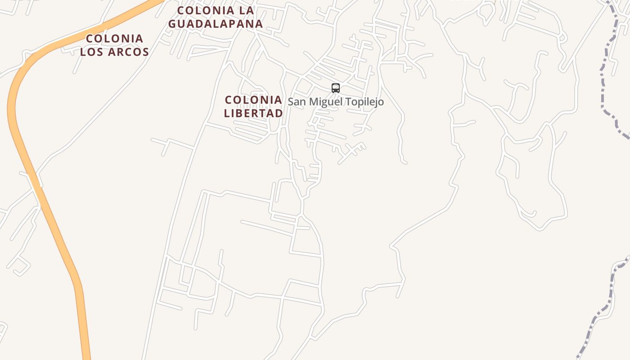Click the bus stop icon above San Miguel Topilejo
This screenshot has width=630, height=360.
click(336, 88)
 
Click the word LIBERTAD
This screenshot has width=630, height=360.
click(253, 113)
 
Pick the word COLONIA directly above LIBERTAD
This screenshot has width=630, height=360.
click(253, 100)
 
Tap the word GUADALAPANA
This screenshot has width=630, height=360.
click(216, 23)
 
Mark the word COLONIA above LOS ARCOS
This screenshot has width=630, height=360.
click(114, 39)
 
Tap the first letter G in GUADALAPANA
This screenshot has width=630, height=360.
click(173, 23)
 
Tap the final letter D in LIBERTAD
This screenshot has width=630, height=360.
click(279, 113)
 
